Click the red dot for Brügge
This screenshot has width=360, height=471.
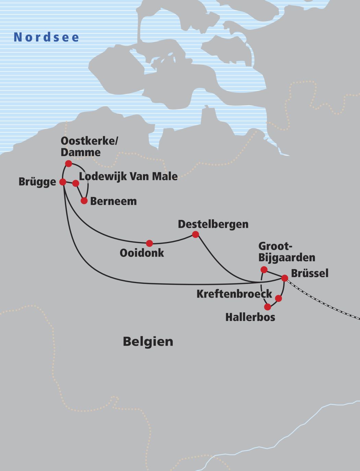coord(63,182)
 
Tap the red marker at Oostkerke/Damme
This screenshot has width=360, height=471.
coord(69,163)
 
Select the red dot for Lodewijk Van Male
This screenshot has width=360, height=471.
coord(76,184)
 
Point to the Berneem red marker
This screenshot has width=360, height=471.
coord(84,201)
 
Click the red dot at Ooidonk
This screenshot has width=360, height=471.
coord(149,243)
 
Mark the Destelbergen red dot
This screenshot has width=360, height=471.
coord(195,234)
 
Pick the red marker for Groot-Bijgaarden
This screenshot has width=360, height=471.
coord(264,270)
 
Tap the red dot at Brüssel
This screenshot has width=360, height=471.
coord(285,278)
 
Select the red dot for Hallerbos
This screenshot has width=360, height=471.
coord(267,307)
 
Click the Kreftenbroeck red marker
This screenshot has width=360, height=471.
coord(278,298)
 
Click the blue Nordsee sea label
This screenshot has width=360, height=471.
coord(47,37)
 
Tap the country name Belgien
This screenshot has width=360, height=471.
coord(148,342)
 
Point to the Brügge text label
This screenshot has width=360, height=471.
coord(37,182)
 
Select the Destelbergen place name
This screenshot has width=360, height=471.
coord(213,224)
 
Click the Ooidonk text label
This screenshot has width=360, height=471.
coord(142,253)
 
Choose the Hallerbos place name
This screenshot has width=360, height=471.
coord(250,317)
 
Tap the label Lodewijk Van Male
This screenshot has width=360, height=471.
coord(128,177)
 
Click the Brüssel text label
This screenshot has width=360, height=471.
coord(310,273)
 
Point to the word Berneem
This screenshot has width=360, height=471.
coord(113,201)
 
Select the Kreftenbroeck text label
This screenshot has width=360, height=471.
coord(234,294)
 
